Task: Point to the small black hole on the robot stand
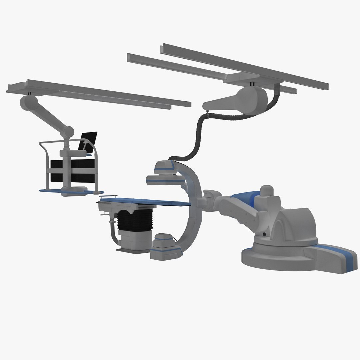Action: pos(264,234)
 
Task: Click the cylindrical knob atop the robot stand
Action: pos(267,191)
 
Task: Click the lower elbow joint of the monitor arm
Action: pos(69,131)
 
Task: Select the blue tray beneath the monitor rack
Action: pos(72,192)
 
